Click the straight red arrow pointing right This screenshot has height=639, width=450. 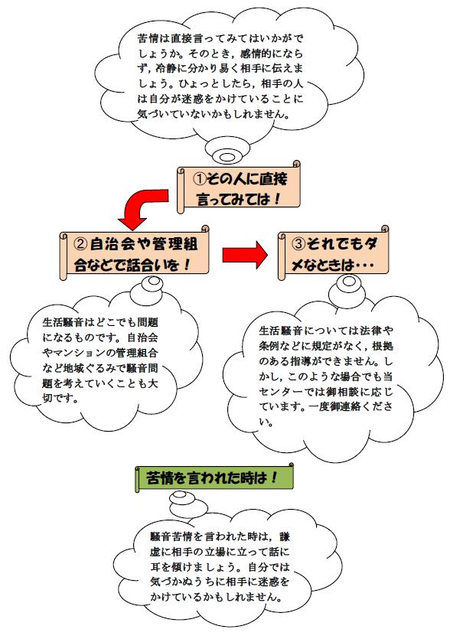pyautogui.click(x=245, y=255)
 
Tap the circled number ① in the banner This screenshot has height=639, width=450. pyautogui.click(x=200, y=178)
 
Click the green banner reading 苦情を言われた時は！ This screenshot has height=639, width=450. pyautogui.click(x=214, y=477)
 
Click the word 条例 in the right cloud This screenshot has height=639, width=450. pyautogui.click(x=266, y=346)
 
